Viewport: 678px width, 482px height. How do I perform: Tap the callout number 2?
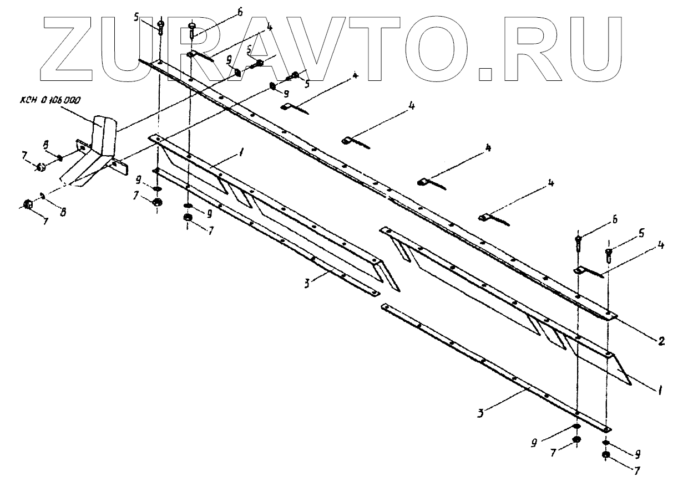pos(661,341)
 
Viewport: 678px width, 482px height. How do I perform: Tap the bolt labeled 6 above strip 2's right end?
pos(579,241)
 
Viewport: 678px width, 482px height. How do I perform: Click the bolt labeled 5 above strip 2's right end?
pos(609,254)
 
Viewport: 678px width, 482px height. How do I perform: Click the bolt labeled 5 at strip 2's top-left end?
pos(160,26)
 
